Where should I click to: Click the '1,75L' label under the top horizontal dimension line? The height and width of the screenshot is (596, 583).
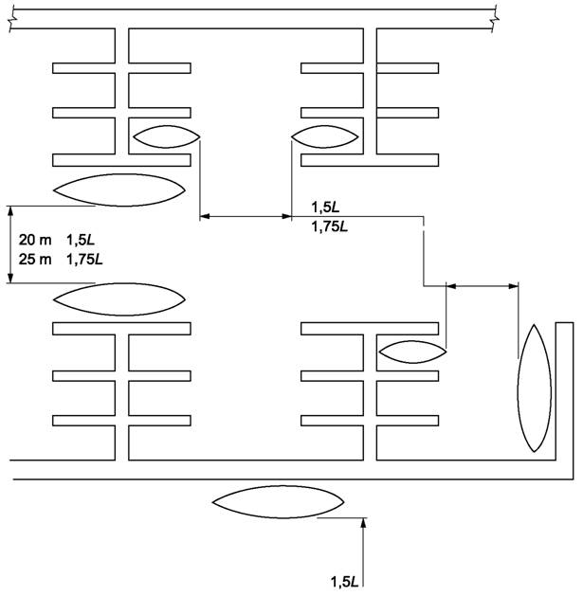click(330, 226)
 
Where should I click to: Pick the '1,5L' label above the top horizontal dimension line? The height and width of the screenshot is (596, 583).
click(326, 207)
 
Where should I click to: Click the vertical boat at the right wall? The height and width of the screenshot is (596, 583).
click(534, 388)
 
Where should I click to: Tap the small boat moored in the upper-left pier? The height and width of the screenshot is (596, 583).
click(167, 136)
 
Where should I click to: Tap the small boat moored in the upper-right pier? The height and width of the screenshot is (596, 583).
click(325, 136)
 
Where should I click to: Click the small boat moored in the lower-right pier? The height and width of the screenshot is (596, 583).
click(411, 352)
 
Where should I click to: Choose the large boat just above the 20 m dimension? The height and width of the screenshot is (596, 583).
click(118, 190)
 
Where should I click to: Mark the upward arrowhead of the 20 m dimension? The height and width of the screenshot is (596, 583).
click(9, 211)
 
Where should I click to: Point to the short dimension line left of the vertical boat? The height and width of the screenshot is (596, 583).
click(482, 283)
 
